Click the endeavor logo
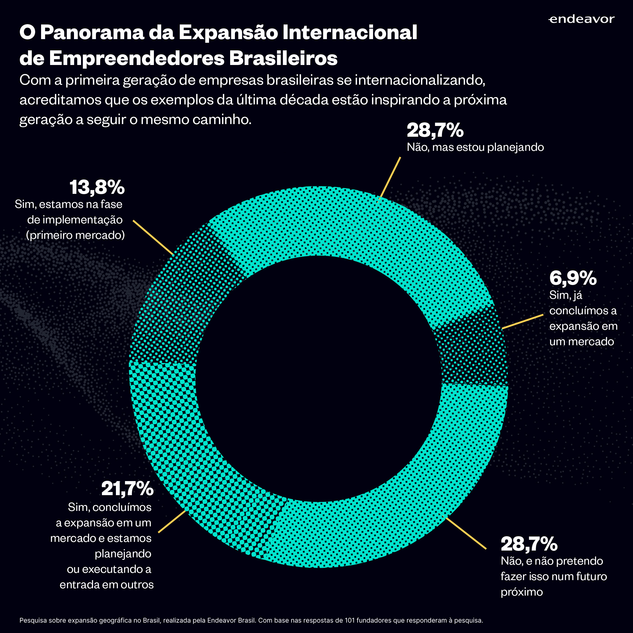point(581,19)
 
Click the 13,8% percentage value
point(97,187)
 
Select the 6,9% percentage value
point(573,278)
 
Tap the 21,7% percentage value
point(127,489)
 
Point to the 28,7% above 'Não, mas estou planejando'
point(435,131)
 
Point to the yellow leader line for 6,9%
point(523,321)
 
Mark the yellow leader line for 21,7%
point(172,521)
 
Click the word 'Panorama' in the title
point(92,33)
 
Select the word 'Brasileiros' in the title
point(283,58)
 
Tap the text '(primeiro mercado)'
point(75,235)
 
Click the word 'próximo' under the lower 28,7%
point(522,592)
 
